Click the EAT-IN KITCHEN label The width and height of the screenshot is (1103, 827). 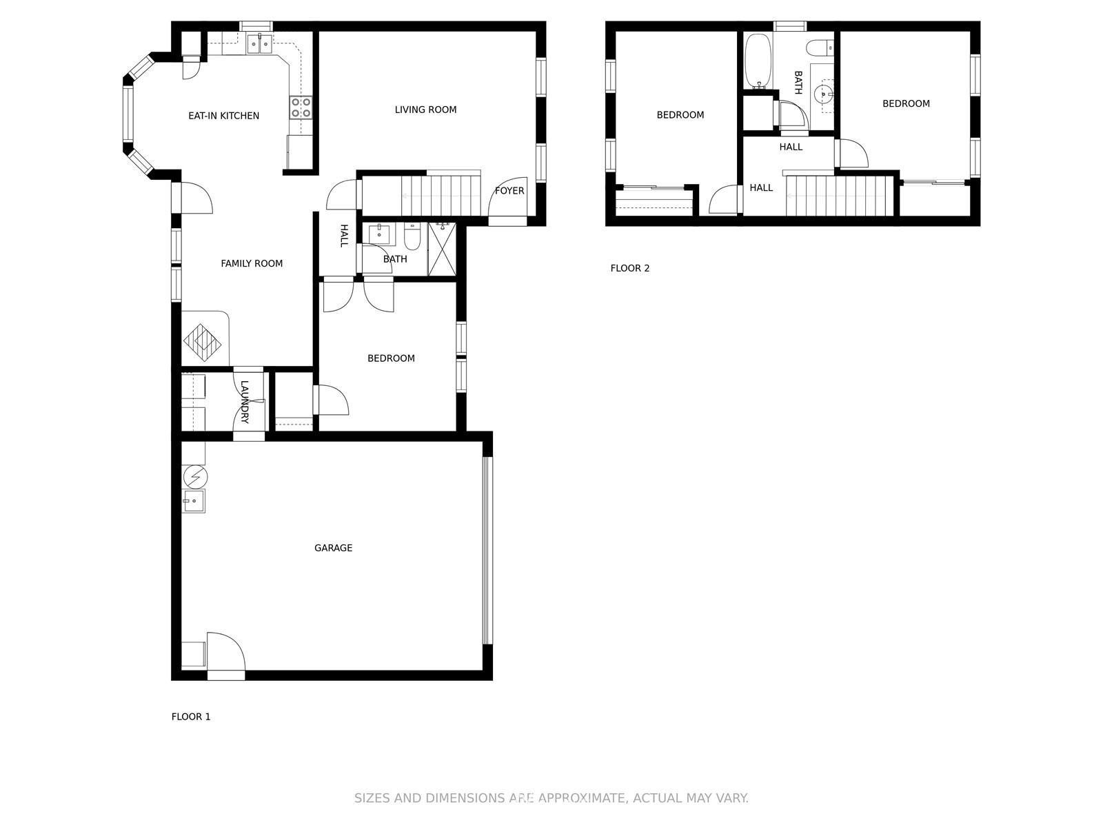(223, 116)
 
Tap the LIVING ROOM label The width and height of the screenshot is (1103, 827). (425, 110)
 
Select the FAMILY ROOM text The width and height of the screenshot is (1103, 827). (252, 263)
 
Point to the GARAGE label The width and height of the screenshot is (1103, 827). (333, 548)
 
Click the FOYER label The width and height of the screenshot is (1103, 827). (509, 191)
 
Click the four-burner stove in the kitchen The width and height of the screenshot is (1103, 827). (301, 108)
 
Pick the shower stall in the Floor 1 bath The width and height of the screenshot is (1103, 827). (443, 249)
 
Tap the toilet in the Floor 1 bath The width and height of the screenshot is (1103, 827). (412, 238)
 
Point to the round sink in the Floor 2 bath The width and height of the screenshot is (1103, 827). (823, 92)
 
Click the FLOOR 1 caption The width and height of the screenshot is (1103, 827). (191, 717)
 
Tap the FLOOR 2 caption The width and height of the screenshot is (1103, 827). (629, 268)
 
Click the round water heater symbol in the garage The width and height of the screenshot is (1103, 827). (195, 476)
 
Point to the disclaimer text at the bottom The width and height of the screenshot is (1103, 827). (551, 798)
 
